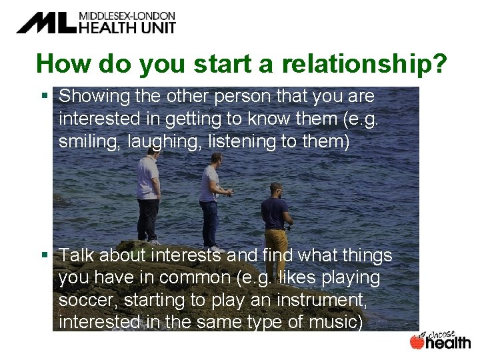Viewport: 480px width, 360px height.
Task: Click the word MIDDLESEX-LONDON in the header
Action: [x=127, y=15]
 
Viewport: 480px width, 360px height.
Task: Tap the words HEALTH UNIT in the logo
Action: [x=127, y=27]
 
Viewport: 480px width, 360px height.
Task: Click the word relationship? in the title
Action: [x=365, y=63]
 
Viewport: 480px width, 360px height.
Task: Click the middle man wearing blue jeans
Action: [x=210, y=200]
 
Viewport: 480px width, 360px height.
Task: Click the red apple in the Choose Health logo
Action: [x=417, y=342]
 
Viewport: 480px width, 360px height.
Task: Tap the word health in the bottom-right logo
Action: [x=448, y=343]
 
